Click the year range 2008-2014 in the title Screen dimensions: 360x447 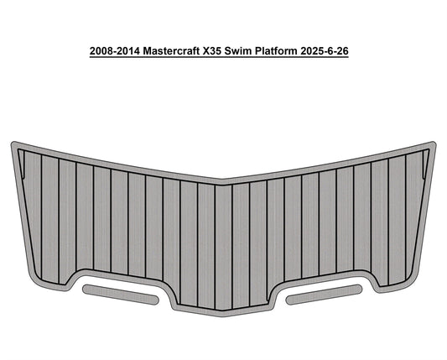coord(117,51)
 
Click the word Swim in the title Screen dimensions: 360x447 coord(257,51)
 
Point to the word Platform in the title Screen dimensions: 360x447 coord(297,51)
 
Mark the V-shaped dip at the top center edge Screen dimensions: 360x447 coord(223,179)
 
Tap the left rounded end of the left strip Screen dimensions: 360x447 coord(86,290)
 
